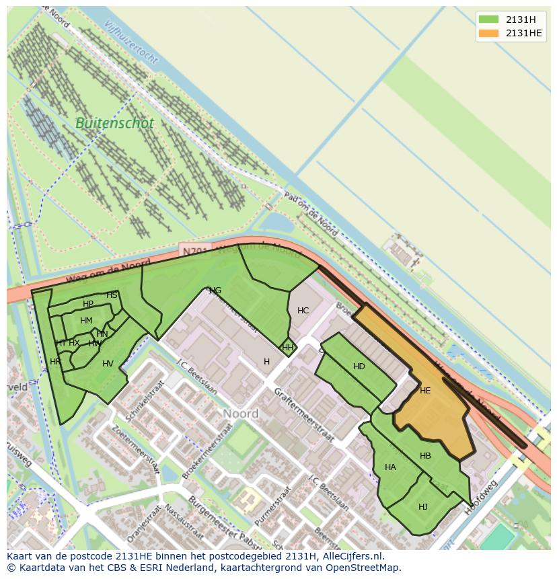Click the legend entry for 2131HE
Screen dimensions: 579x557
click(x=524, y=34)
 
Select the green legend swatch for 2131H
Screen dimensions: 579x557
click(x=488, y=19)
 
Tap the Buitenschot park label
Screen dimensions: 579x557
click(x=114, y=123)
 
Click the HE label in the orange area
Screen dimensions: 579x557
click(x=425, y=391)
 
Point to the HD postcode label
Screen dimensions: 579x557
click(x=359, y=366)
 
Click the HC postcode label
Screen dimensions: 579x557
click(x=303, y=311)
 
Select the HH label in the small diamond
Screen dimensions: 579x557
click(x=288, y=348)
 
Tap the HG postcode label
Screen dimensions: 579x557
click(x=215, y=291)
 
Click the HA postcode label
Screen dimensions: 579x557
click(x=390, y=467)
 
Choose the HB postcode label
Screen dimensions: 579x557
click(x=425, y=456)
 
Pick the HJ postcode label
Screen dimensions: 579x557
click(x=423, y=507)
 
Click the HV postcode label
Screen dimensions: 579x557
click(x=108, y=364)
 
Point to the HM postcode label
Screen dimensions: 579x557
click(x=86, y=321)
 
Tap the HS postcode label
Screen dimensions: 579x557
click(x=112, y=295)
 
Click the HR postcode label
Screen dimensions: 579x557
click(x=55, y=362)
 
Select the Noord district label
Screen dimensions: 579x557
click(x=240, y=414)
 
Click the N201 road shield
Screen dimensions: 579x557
click(x=195, y=251)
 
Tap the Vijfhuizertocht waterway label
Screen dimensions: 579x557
click(x=131, y=42)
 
